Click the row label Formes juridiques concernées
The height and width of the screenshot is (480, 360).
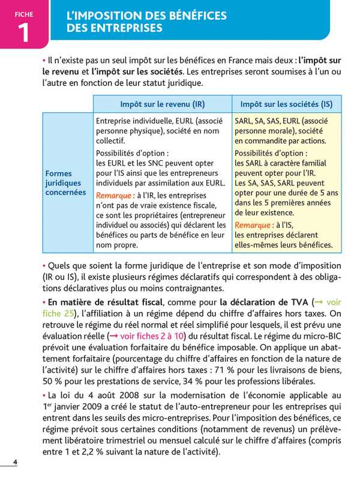(65, 182)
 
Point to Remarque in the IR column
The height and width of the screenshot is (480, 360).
(115, 196)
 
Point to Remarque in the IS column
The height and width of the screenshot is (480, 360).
(254, 225)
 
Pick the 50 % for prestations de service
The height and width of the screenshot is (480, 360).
(53, 381)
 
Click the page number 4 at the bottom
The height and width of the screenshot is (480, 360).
(15, 461)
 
